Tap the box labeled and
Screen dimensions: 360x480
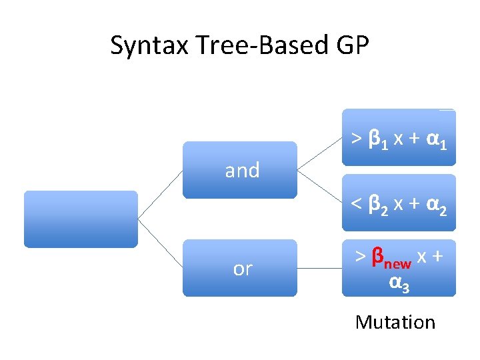tap(240, 170)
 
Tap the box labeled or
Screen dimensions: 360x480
tap(240, 268)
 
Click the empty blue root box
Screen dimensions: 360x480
tap(81, 219)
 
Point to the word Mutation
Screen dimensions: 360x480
tap(395, 323)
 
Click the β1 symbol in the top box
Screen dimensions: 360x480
tap(377, 139)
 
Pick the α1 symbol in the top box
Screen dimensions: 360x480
tap(435, 139)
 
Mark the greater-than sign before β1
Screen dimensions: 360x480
tap(357, 139)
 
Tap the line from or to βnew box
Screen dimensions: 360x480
tap(319, 268)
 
